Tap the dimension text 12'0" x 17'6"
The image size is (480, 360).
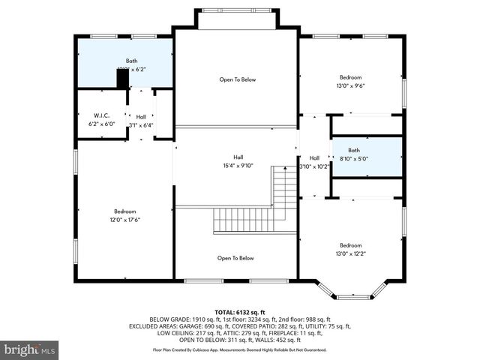125,220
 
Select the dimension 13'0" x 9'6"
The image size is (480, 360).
350,85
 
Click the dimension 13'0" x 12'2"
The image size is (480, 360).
350,253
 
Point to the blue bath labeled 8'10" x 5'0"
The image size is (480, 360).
367,157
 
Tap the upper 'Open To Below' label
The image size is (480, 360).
237,79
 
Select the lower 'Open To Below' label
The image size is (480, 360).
235,258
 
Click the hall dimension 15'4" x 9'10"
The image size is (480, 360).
238,166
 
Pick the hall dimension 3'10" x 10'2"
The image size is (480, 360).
314,166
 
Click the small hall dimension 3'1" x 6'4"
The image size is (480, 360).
141,125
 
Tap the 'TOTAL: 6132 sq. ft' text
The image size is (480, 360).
239,311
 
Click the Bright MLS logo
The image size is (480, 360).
30,349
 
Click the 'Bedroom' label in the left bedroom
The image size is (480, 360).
125,211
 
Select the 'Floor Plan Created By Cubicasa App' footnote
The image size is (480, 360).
239,349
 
